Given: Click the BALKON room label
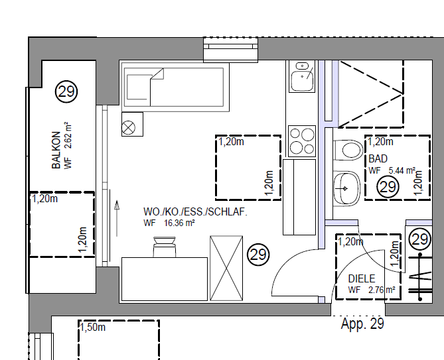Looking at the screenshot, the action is pyautogui.click(x=56, y=150).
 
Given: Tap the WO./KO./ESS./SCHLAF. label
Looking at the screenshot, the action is pyautogui.click(x=195, y=211).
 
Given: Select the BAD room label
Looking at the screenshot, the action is pyautogui.click(x=378, y=159).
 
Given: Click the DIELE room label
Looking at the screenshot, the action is pyautogui.click(x=362, y=279).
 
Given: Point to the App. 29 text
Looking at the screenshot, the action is pyautogui.click(x=362, y=324).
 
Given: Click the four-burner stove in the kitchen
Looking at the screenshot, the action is pyautogui.click(x=302, y=141).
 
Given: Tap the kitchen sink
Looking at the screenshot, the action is pyautogui.click(x=302, y=76).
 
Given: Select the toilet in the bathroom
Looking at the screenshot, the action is pyautogui.click(x=348, y=150).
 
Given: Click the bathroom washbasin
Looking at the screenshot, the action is pyautogui.click(x=347, y=189).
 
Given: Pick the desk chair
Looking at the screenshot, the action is pyautogui.click(x=164, y=247).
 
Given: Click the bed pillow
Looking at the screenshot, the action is pyautogui.click(x=139, y=88).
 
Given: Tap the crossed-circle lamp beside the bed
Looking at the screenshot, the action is pyautogui.click(x=128, y=127).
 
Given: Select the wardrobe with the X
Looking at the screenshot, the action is pyautogui.click(x=226, y=269).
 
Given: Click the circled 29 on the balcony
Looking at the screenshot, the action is pyautogui.click(x=66, y=91).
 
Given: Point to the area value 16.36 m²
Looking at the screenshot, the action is pyautogui.click(x=179, y=223).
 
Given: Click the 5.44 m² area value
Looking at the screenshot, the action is pyautogui.click(x=402, y=171).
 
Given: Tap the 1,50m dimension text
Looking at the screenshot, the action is pyautogui.click(x=93, y=328).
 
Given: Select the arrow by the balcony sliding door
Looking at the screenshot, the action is pyautogui.click(x=117, y=218).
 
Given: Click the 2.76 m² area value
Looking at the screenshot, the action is pyautogui.click(x=382, y=290).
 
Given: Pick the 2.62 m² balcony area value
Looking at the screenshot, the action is pyautogui.click(x=68, y=135).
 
